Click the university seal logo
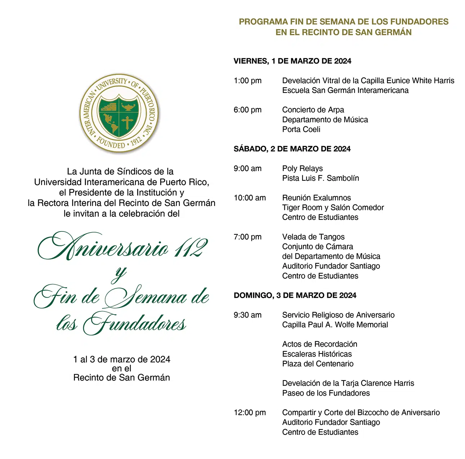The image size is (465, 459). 119,113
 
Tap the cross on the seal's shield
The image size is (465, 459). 127,123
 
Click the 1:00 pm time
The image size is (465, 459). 248,81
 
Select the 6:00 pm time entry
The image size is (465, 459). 248,110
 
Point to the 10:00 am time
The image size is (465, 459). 250,198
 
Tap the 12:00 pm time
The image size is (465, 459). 250,413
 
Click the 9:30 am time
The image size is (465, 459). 248,315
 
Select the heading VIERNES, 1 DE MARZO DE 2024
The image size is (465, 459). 292,61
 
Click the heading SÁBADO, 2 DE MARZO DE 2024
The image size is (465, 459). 292,149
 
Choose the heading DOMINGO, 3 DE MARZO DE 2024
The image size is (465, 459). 295,296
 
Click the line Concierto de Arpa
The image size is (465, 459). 313,110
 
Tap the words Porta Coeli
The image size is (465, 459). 301,129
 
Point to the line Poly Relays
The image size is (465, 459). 302,168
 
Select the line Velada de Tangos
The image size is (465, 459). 313,237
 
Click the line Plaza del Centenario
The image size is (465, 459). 318,364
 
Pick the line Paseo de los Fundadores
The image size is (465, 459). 326,393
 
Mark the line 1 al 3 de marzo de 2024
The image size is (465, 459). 121,359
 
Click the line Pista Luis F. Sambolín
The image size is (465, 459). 320,178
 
